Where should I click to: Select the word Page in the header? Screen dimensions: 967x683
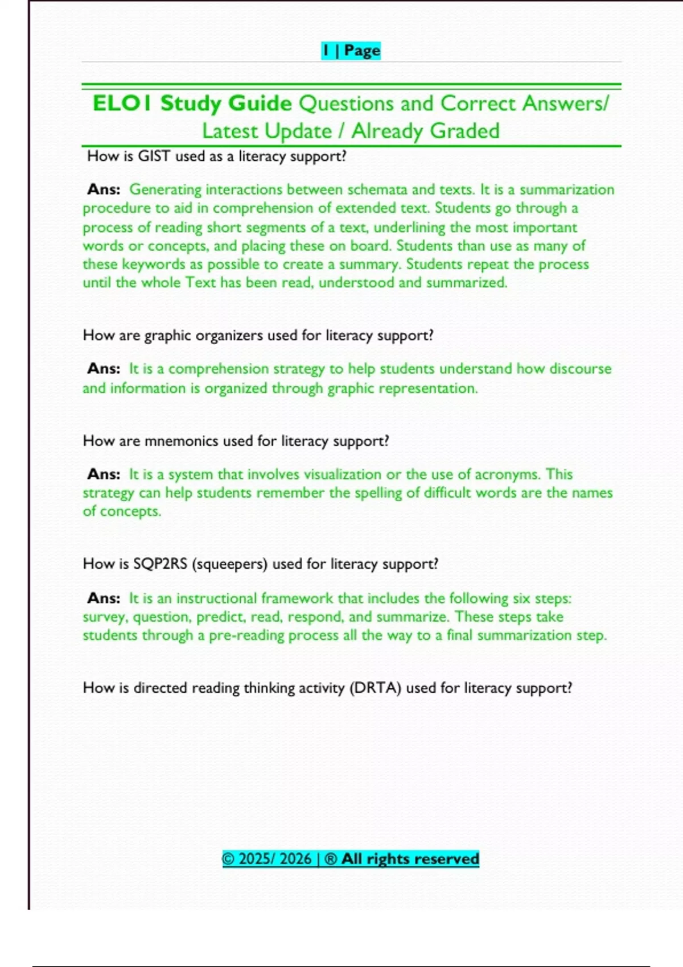pyautogui.click(x=362, y=51)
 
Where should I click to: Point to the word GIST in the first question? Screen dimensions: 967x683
pyautogui.click(x=154, y=156)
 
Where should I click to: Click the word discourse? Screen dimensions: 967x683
pyautogui.click(x=580, y=369)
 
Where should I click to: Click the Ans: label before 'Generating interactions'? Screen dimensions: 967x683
pyautogui.click(x=104, y=189)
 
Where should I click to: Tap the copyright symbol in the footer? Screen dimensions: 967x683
pyautogui.click(x=228, y=858)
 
